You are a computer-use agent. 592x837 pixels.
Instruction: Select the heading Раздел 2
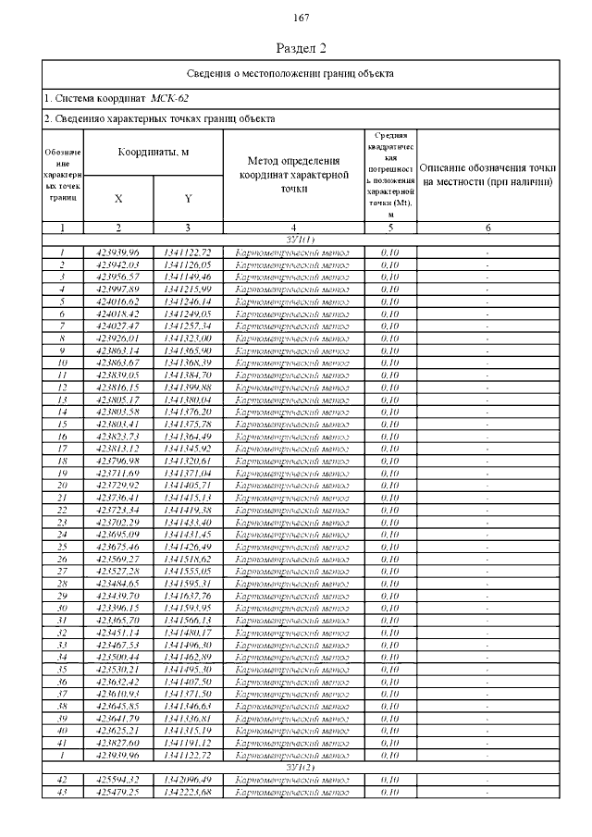coord(302,47)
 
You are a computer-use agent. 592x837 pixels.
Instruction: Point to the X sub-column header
coord(118,198)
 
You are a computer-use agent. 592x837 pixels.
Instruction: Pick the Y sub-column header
coord(188,198)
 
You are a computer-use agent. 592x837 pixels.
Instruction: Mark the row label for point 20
coord(61,484)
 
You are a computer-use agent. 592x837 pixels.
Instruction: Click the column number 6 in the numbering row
coord(487,228)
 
